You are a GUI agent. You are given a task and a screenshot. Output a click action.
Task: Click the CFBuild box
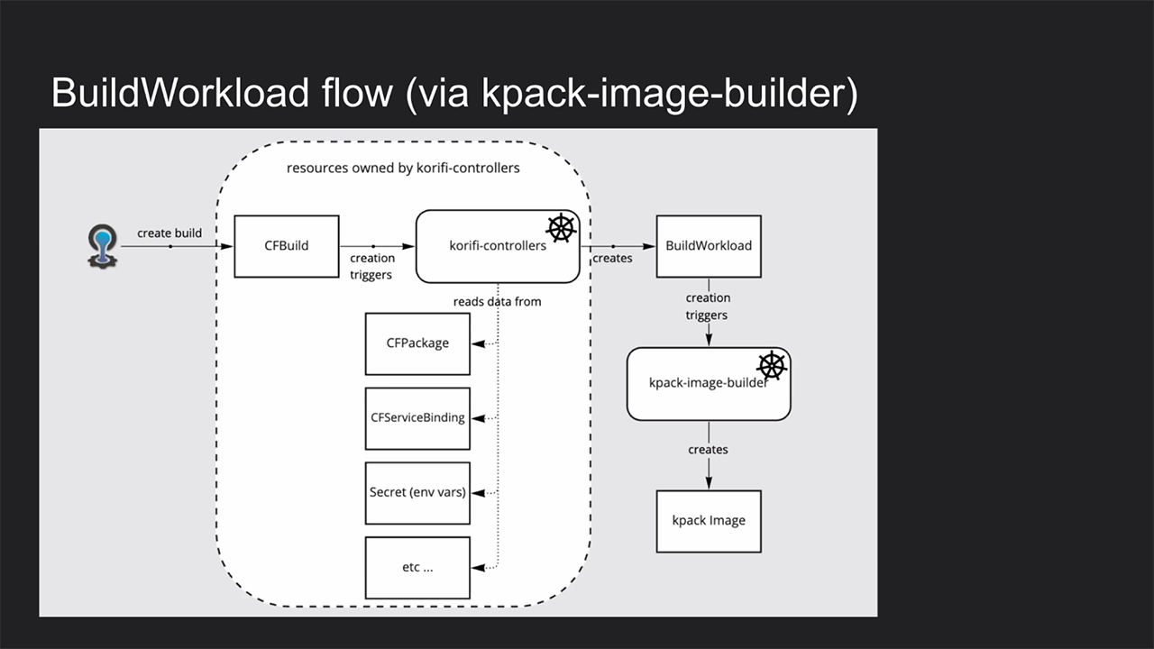(287, 246)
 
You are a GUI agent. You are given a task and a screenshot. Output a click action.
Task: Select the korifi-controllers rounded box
(497, 246)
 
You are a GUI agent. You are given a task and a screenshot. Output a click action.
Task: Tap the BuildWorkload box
(708, 246)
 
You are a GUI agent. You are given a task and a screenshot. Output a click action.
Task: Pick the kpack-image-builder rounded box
(708, 383)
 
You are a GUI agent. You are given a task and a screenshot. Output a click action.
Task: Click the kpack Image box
(709, 521)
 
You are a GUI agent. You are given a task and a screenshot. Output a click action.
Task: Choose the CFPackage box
(417, 343)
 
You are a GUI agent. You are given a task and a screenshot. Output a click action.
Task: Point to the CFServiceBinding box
(417, 418)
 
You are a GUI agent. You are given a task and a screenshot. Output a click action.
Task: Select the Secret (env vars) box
(417, 493)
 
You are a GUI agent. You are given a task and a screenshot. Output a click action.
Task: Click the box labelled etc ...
(417, 568)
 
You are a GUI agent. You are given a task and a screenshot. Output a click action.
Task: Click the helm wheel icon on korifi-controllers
(561, 228)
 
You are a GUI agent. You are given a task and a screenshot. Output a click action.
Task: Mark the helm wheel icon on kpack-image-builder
(772, 365)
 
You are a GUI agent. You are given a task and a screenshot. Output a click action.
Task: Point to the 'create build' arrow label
(169, 233)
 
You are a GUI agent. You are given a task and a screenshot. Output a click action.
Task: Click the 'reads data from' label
(497, 301)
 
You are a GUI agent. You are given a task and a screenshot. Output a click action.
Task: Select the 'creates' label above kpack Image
(708, 449)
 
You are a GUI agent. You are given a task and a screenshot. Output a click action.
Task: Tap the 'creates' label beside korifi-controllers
(612, 259)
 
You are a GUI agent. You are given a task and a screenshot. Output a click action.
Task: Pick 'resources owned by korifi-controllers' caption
(403, 168)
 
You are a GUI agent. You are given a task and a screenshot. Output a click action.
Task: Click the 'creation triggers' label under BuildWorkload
(708, 306)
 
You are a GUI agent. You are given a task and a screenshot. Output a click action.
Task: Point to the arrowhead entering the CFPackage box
(477, 343)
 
